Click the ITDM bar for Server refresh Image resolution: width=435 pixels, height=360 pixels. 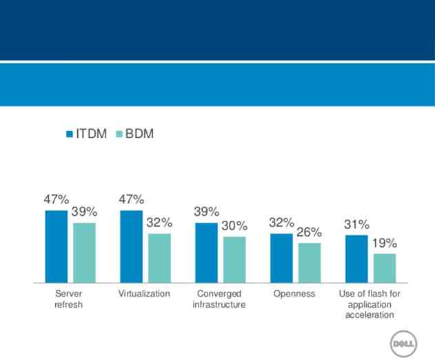pos(57,246)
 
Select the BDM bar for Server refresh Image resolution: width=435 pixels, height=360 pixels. pos(84,252)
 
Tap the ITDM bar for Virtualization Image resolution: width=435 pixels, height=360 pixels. pos(131,246)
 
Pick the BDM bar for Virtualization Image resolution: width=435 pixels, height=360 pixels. pos(159,258)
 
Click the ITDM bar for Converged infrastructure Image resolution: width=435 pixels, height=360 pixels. pos(206,252)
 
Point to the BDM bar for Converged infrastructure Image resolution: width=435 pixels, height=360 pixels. pos(234,259)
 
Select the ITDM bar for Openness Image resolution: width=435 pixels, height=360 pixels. pos(281,258)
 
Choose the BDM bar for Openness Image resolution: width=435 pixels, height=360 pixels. pos(310,263)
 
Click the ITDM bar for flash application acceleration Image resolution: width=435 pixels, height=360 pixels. pos(356,259)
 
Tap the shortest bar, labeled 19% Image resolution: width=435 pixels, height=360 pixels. pos(385,268)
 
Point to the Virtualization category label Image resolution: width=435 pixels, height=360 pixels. pos(144,294)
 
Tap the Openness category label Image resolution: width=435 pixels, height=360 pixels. pos(294,294)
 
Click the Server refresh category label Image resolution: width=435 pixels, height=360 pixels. pos(68,299)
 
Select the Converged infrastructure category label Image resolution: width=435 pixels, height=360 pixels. pos(219,299)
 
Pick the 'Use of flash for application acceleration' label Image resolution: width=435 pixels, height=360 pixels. pos(370,304)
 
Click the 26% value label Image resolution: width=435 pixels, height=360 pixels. pos(310,232)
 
